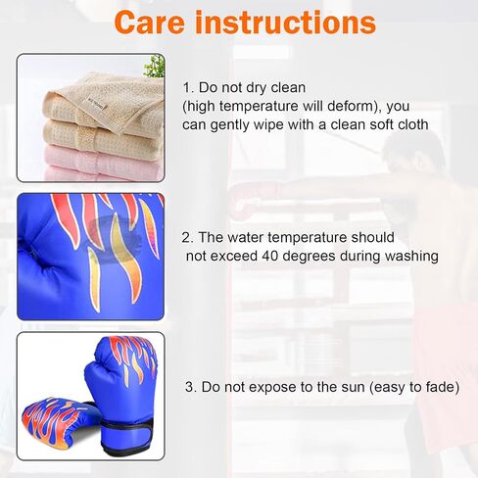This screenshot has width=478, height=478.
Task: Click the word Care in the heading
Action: [150, 23]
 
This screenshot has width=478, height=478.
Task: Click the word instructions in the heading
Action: [286, 23]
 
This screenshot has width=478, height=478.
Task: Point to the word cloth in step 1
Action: [413, 124]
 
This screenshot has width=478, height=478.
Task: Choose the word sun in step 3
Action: [353, 387]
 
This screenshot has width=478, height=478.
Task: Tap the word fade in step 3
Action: [443, 387]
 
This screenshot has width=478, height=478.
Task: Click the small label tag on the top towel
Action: [97, 105]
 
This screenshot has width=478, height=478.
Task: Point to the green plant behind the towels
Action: [155, 67]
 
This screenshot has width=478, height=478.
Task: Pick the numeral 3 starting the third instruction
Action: [190, 387]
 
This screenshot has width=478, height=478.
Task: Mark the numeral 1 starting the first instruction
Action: [187, 88]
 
